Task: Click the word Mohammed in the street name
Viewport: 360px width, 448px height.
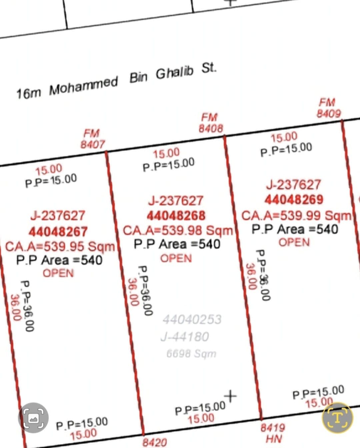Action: (84, 86)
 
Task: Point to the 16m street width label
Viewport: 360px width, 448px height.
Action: (29, 94)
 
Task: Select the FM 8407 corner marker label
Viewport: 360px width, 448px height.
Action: (93, 139)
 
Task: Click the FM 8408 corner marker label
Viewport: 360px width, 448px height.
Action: (211, 123)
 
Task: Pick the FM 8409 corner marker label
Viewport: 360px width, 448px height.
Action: (329, 108)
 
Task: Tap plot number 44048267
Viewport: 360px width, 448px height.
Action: (58, 232)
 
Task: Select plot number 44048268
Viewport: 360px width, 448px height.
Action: (176, 216)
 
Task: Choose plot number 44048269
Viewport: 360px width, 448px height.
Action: (294, 200)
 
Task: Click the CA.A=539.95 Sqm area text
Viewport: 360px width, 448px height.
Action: (60, 246)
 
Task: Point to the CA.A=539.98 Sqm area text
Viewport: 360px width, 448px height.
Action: (178, 230)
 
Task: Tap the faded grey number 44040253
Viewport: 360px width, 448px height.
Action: (192, 319)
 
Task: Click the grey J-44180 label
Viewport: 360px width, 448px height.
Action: (185, 337)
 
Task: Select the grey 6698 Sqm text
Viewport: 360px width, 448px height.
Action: (191, 353)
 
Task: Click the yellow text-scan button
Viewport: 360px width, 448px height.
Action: (337, 418)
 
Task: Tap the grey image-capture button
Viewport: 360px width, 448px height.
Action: (33, 418)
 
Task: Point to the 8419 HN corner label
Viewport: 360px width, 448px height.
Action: (273, 434)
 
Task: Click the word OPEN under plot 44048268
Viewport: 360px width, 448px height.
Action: (176, 258)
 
